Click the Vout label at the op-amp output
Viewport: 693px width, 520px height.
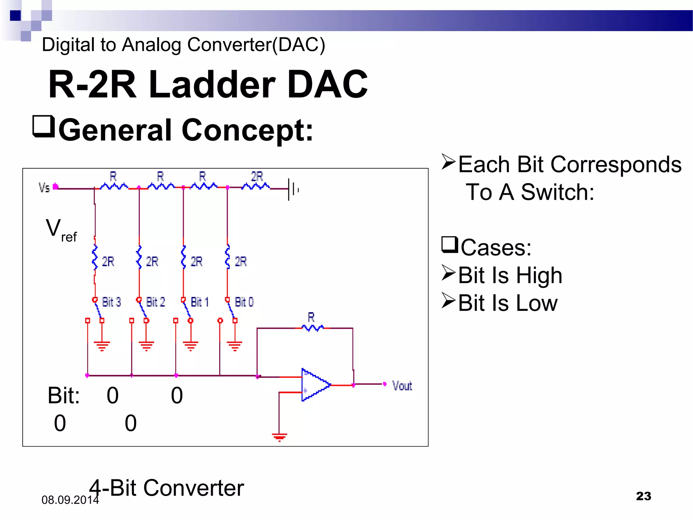pyautogui.click(x=402, y=386)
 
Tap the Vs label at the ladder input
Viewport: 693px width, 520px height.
pyautogui.click(x=44, y=187)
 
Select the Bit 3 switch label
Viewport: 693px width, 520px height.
pyautogui.click(x=111, y=302)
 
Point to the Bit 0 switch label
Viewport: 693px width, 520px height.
pyautogui.click(x=244, y=302)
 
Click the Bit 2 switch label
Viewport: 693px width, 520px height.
pyautogui.click(x=155, y=302)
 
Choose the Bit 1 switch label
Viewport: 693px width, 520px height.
pyautogui.click(x=200, y=302)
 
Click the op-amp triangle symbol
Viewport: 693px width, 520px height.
pyautogui.click(x=315, y=385)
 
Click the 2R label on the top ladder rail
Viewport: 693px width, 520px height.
pyautogui.click(x=257, y=177)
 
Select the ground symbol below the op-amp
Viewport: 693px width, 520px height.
pyautogui.click(x=280, y=437)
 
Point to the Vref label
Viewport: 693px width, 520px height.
pyautogui.click(x=61, y=230)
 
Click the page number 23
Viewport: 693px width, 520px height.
pyautogui.click(x=643, y=496)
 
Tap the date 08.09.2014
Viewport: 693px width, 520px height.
pyautogui.click(x=70, y=500)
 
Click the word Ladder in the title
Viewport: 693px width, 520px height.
pyautogui.click(x=212, y=84)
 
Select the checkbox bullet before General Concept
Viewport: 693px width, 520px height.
pyautogui.click(x=44, y=127)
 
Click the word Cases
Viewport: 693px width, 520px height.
pyautogui.click(x=496, y=247)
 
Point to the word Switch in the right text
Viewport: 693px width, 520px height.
pyautogui.click(x=557, y=192)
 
